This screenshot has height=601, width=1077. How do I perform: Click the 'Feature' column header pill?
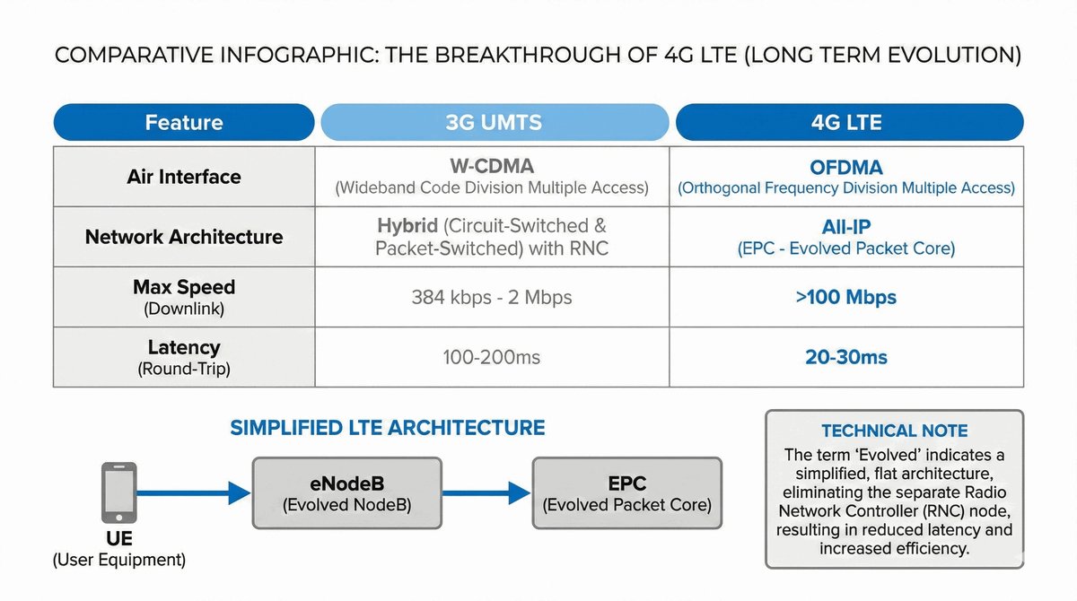[184, 122]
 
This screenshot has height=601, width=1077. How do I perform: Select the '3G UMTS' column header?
[495, 122]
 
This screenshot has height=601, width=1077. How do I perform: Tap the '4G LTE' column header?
[850, 122]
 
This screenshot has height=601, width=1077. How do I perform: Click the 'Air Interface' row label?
[184, 177]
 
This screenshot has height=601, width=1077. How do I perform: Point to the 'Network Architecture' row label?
[184, 237]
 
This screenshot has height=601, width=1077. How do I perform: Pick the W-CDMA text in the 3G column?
[492, 166]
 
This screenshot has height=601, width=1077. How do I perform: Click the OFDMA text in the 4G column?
[846, 168]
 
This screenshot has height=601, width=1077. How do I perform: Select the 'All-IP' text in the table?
[846, 227]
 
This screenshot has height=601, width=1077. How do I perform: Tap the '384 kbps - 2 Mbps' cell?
[492, 298]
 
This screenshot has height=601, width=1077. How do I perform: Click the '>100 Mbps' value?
[846, 297]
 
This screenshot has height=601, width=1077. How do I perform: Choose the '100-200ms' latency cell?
[492, 357]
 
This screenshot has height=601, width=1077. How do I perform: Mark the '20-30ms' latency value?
[846, 357]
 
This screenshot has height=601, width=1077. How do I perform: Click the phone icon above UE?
[118, 492]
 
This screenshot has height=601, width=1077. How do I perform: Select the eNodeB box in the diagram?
[347, 492]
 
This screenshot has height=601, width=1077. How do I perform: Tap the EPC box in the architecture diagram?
[627, 492]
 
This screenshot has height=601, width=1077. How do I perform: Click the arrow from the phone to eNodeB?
[193, 492]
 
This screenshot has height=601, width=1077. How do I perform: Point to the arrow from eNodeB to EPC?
[486, 492]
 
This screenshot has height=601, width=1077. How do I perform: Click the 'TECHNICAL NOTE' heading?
[894, 431]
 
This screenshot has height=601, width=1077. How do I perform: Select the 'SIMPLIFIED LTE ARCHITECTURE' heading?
[388, 428]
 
